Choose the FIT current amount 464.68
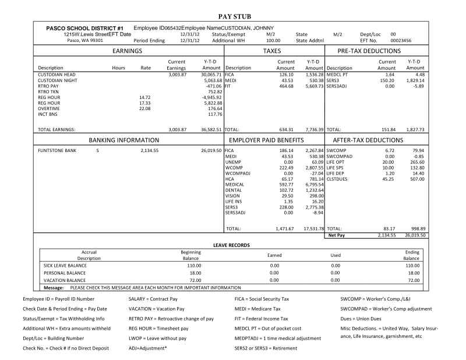pyautogui.click(x=285, y=85)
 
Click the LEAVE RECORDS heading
pyautogui.click(x=233, y=245)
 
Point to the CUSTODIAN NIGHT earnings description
pyautogui.click(x=58, y=80)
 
